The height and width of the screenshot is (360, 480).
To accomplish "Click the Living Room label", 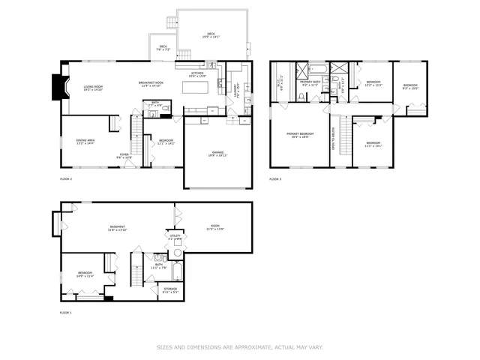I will [93, 87].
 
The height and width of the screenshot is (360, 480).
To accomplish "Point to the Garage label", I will [217, 154].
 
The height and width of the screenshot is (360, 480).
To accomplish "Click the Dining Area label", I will [85, 141].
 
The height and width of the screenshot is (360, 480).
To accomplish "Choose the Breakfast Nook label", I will [151, 84].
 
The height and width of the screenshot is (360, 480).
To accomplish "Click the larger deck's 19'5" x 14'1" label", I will [211, 34].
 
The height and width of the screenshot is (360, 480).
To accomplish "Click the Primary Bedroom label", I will [298, 135].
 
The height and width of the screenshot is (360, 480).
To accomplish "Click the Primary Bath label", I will [310, 83].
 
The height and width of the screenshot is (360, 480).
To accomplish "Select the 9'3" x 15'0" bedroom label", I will [410, 86].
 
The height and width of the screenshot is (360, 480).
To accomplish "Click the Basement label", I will [117, 228].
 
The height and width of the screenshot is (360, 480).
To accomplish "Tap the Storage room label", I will [170, 289].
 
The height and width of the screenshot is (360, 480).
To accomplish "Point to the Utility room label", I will [174, 238].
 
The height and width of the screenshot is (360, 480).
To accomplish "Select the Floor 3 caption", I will [275, 179].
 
